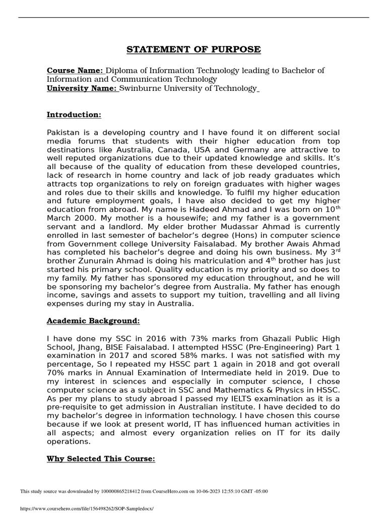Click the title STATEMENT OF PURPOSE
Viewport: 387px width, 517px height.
pos(193,49)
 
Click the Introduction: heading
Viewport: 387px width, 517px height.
pos(74,115)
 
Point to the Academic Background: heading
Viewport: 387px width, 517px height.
pos(93,321)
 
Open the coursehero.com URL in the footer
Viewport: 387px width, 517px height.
pos(86,508)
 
